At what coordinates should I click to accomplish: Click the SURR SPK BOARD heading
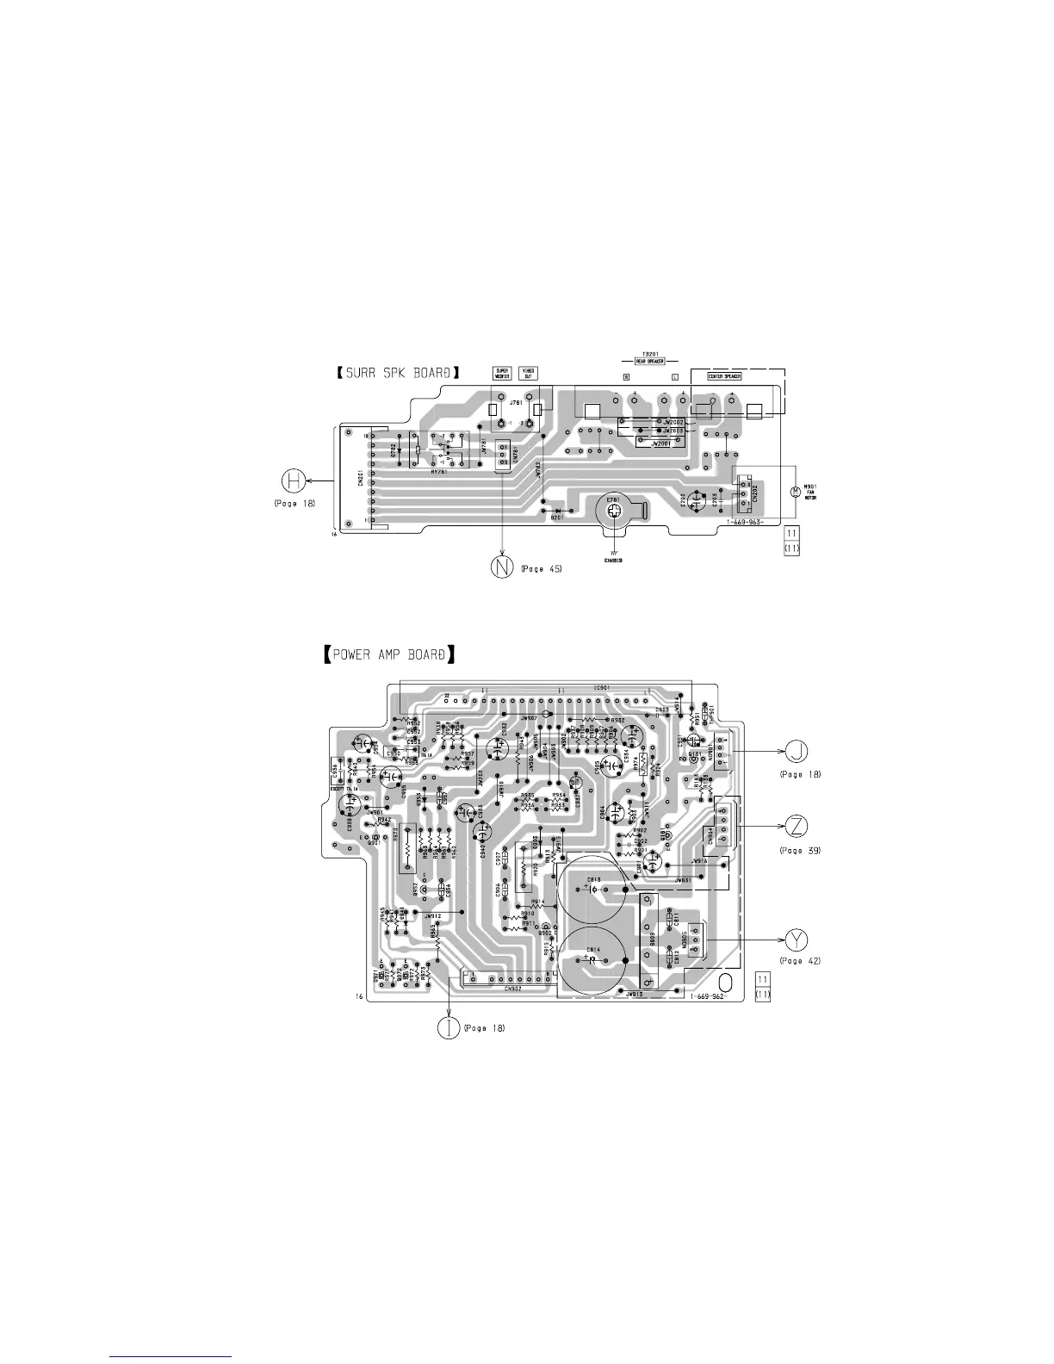pyautogui.click(x=396, y=373)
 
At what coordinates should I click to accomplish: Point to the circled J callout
pyautogui.click(x=799, y=752)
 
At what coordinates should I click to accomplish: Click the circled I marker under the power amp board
pyautogui.click(x=449, y=1027)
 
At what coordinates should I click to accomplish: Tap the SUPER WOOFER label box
pyautogui.click(x=503, y=374)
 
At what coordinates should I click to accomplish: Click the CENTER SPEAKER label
pyautogui.click(x=720, y=376)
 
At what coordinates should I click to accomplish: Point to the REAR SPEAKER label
pyautogui.click(x=649, y=362)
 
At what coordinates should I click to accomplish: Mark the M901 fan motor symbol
pyautogui.click(x=795, y=492)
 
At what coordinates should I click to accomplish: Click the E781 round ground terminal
pyautogui.click(x=614, y=512)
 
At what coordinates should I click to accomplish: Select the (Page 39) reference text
pyautogui.click(x=799, y=850)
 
